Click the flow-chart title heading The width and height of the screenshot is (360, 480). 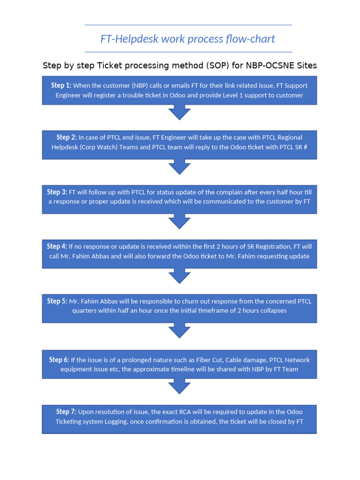click(x=187, y=38)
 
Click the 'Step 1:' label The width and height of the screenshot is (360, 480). click(x=61, y=85)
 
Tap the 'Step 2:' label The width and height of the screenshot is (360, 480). click(x=67, y=137)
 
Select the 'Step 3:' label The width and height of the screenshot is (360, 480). click(x=57, y=192)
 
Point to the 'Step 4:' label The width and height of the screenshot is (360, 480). click(x=57, y=247)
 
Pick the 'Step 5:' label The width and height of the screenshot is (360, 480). click(x=57, y=301)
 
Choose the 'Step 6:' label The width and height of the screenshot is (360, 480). click(x=59, y=360)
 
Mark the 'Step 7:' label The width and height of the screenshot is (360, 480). click(x=66, y=412)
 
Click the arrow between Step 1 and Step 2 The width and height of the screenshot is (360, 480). click(x=179, y=112)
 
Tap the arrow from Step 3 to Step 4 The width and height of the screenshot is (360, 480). click(x=179, y=221)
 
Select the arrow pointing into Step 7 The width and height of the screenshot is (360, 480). click(x=179, y=386)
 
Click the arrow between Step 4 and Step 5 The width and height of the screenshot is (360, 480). click(x=179, y=276)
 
